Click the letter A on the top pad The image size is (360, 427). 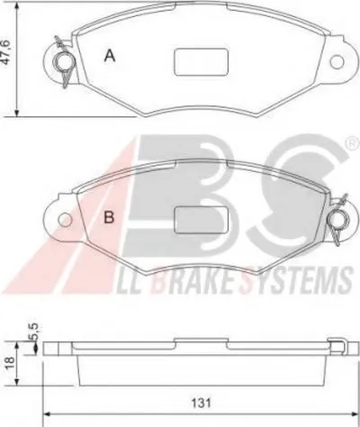[x=110, y=56]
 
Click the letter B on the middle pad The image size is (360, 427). [x=109, y=217]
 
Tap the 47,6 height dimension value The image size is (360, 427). [x=6, y=51]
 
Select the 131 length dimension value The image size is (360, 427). [x=201, y=403]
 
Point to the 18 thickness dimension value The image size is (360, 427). [x=9, y=363]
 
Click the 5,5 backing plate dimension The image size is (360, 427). [x=33, y=332]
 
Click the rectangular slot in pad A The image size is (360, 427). [x=202, y=62]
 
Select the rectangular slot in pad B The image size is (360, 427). [x=202, y=221]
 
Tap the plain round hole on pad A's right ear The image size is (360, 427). [x=337, y=62]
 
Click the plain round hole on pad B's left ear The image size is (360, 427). [x=65, y=220]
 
